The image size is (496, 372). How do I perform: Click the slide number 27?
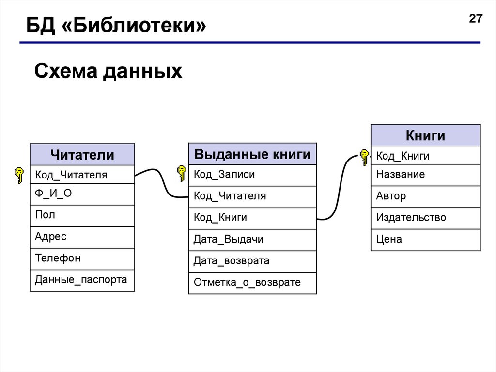coord(476,19)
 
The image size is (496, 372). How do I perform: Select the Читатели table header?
coord(82,155)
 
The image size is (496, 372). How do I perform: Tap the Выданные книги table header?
coord(252,154)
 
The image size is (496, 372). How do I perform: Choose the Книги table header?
coord(425,135)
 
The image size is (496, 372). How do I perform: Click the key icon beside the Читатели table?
coord(19,175)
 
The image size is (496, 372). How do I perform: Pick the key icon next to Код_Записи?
coord(181,173)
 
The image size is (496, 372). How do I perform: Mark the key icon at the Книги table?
coord(364,157)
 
